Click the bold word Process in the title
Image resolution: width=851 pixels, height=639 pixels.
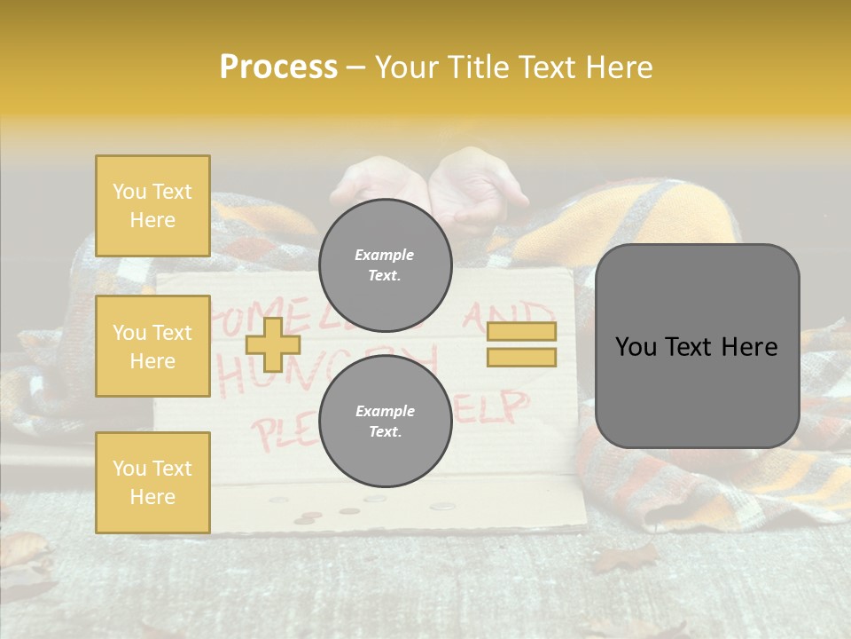[278, 67]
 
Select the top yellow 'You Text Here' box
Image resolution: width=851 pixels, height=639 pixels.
[152, 206]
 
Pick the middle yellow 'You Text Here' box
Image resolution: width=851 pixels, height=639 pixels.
[152, 346]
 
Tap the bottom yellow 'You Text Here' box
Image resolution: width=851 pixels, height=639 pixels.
[152, 483]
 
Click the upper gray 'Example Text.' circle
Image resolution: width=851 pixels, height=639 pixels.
[385, 264]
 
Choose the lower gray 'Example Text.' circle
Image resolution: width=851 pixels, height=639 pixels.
[385, 421]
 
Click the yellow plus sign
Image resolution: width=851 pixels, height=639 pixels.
[272, 344]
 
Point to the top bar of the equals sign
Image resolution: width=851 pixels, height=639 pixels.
[521, 331]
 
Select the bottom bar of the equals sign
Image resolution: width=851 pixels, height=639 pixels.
[521, 357]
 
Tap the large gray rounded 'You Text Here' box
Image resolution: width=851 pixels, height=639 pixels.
[697, 346]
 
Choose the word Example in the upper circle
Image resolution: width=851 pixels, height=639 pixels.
[385, 255]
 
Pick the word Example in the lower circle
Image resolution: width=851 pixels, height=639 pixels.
[385, 411]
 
